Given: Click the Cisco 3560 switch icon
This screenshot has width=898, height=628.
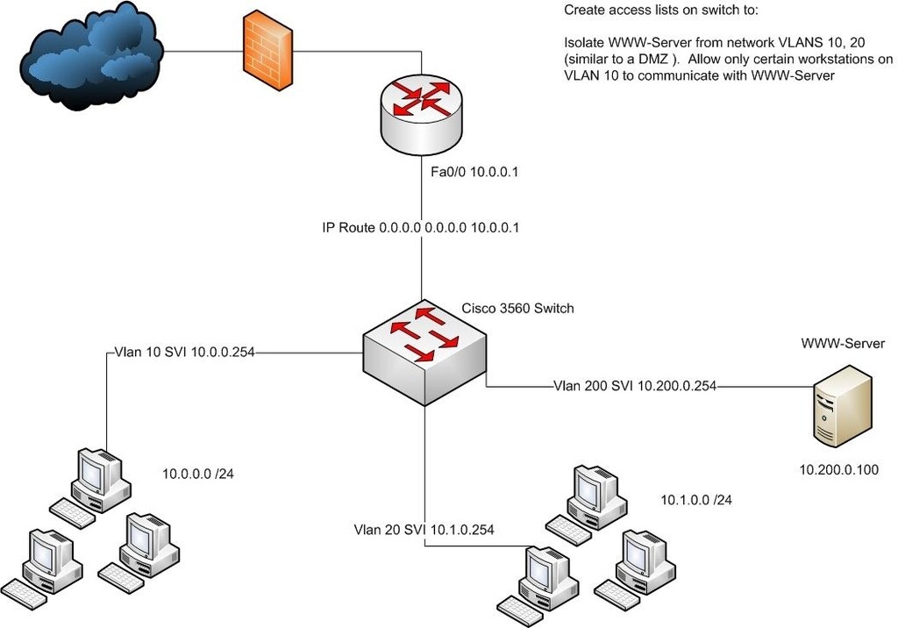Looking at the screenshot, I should tap(425, 352).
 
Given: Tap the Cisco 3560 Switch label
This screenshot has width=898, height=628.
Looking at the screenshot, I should tap(518, 308).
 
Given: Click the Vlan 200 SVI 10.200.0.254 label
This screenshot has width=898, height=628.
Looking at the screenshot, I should tap(636, 385).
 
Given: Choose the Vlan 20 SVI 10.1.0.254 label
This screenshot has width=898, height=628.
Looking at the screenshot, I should tap(424, 530).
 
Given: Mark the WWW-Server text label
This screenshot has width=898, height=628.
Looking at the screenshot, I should tap(843, 344).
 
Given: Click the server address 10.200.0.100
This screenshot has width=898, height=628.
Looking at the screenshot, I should tap(838, 471).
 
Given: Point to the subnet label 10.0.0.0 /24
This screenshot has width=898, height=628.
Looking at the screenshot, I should tap(197, 475).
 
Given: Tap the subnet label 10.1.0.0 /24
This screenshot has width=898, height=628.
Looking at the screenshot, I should tap(695, 500).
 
